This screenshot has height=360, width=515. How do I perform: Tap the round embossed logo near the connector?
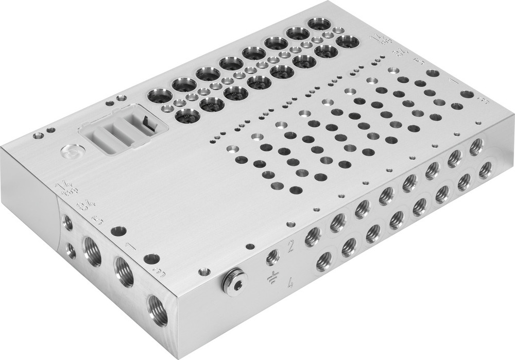click(x=68, y=151)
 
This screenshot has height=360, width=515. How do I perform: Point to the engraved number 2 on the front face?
click(x=291, y=246)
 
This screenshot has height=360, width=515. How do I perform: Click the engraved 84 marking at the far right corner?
click(x=399, y=52)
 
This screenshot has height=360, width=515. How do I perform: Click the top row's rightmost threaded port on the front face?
click(x=475, y=147)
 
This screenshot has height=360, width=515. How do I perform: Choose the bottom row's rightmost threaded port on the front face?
click(x=485, y=169)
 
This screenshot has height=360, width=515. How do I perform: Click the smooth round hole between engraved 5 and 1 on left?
click(x=118, y=231)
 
